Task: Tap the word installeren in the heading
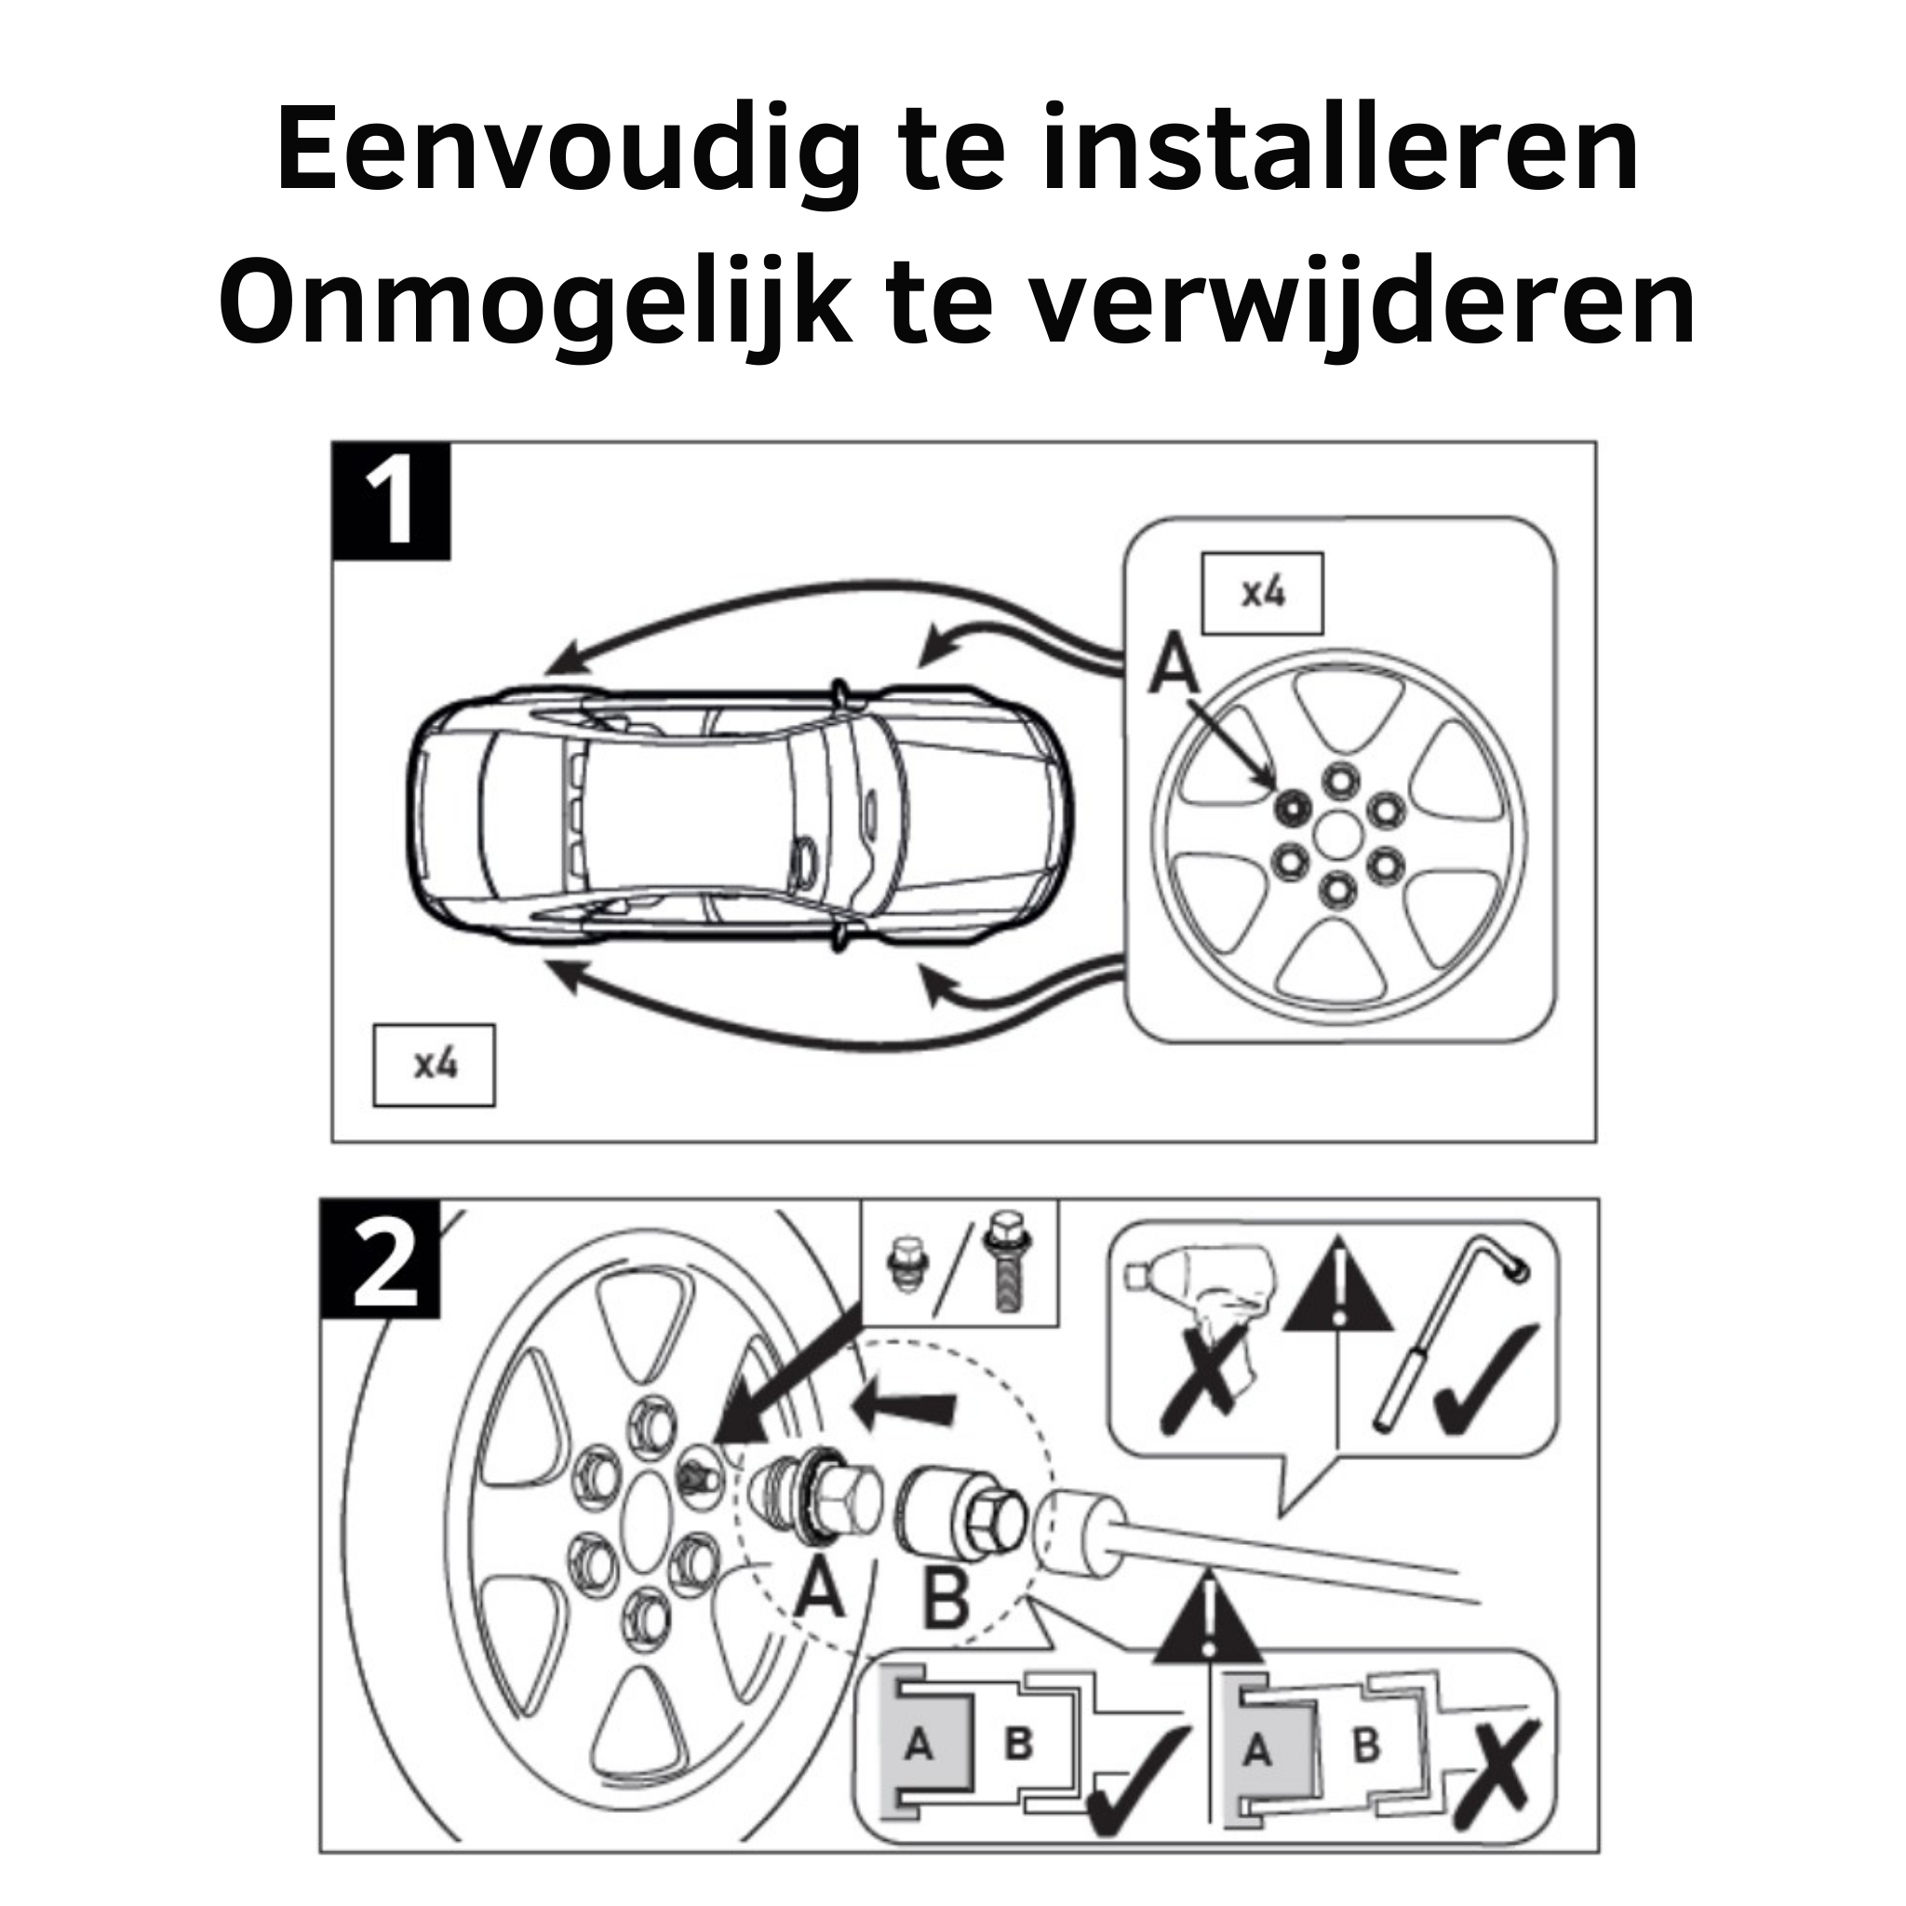1337,148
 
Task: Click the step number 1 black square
392,502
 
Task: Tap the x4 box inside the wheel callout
1262,593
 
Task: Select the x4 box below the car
434,1065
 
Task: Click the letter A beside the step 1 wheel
1174,664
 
